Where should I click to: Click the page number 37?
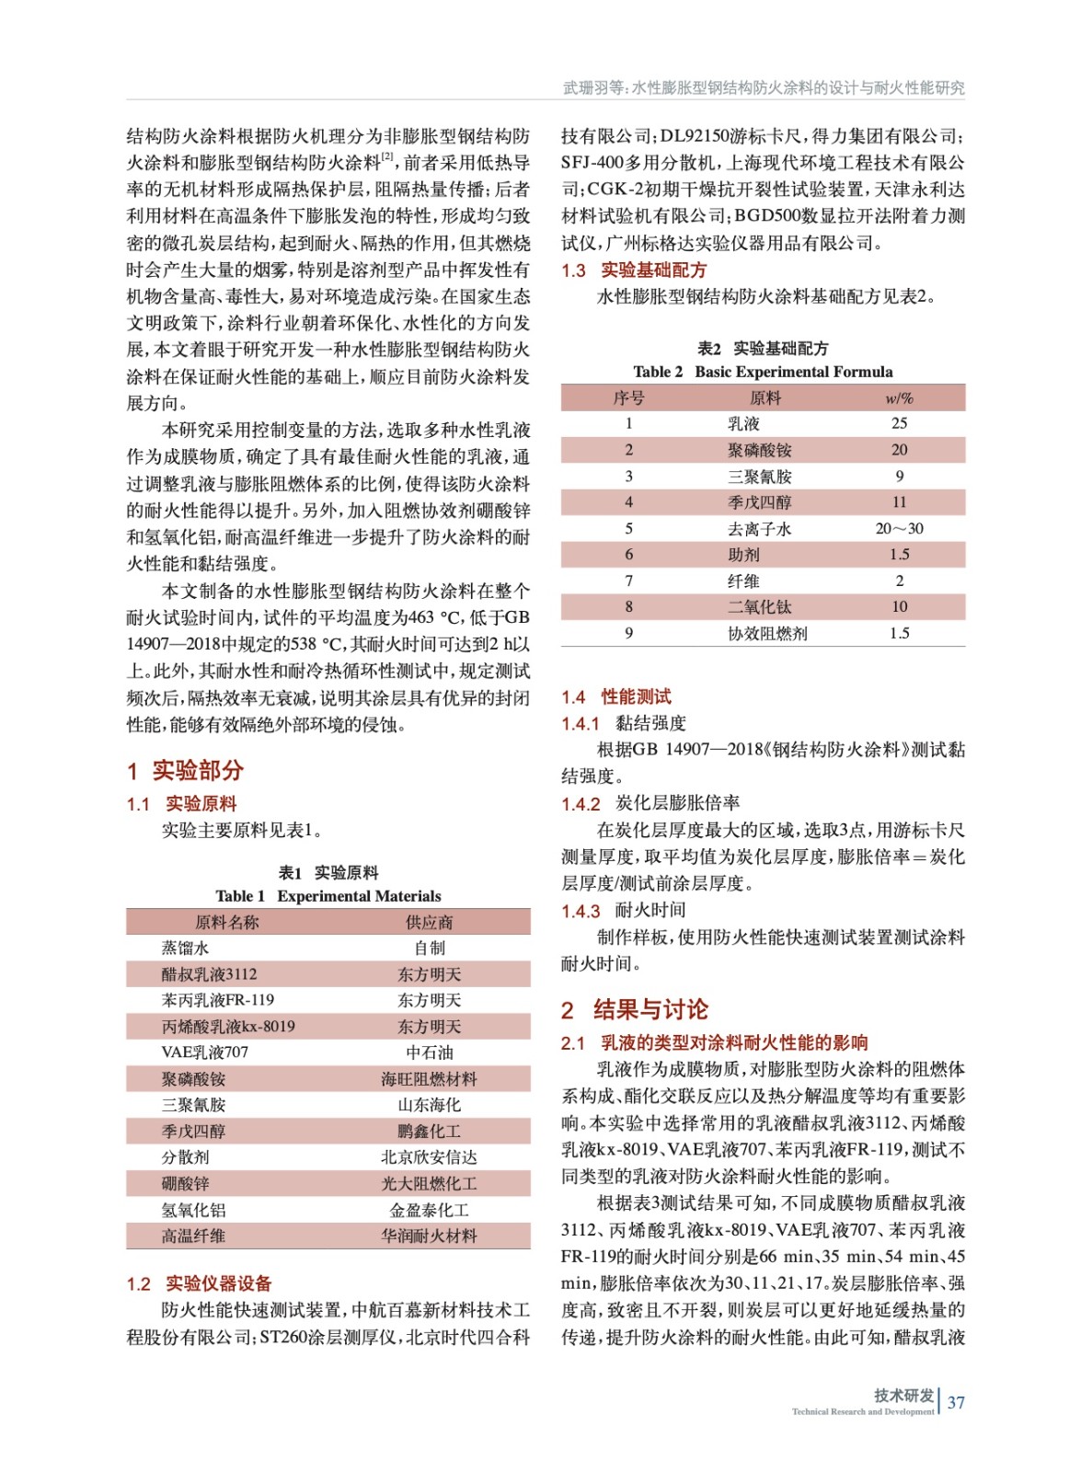pyautogui.click(x=956, y=1402)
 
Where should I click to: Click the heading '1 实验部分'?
pyautogui.click(x=185, y=770)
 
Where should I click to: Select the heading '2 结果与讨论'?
pyautogui.click(x=635, y=1009)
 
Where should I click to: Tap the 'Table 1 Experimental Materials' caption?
pyautogui.click(x=328, y=896)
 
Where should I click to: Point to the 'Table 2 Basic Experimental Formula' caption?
pyautogui.click(x=763, y=372)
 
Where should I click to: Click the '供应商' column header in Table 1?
pyautogui.click(x=429, y=922)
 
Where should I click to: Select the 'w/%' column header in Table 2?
pyautogui.click(x=899, y=397)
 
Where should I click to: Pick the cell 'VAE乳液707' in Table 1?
pyautogui.click(x=205, y=1052)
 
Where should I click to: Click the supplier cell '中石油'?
pyautogui.click(x=429, y=1052)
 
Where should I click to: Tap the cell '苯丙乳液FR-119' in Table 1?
pyautogui.click(x=218, y=1000)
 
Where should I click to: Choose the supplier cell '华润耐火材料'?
pyautogui.click(x=429, y=1236)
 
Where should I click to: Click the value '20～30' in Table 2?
pyautogui.click(x=899, y=529)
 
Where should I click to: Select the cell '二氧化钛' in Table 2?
pyautogui.click(x=759, y=607)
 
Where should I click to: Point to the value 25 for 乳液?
pyautogui.click(x=899, y=423)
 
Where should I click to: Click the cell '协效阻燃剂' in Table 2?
pyautogui.click(x=767, y=633)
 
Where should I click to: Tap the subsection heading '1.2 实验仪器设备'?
pyautogui.click(x=199, y=1283)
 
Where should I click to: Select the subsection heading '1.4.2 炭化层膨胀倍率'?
pyautogui.click(x=650, y=803)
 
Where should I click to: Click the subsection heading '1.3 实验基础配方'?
pyautogui.click(x=634, y=270)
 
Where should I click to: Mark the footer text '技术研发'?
pyautogui.click(x=903, y=1395)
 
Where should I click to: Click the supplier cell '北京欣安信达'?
pyautogui.click(x=429, y=1157)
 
